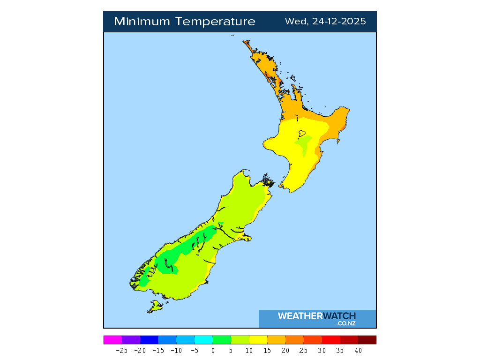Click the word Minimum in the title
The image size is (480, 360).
click(142, 22)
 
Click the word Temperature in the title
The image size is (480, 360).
click(216, 22)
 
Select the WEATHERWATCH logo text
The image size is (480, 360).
click(316, 316)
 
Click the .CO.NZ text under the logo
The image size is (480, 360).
click(346, 323)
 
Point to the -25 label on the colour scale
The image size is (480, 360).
click(122, 350)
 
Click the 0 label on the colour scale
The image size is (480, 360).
click(213, 350)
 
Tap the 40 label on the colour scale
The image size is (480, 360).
click(358, 350)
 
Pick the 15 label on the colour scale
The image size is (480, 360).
click(267, 350)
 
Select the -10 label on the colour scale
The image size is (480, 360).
click(176, 350)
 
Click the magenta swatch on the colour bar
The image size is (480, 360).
click(112, 340)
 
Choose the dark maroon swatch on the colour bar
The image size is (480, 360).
click(367, 340)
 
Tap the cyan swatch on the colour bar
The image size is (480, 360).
click(203, 340)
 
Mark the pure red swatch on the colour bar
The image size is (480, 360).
click(331, 340)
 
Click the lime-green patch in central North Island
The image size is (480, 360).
click(305, 142)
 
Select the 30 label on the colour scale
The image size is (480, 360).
click(322, 350)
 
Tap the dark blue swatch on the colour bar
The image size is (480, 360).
click(149, 340)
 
